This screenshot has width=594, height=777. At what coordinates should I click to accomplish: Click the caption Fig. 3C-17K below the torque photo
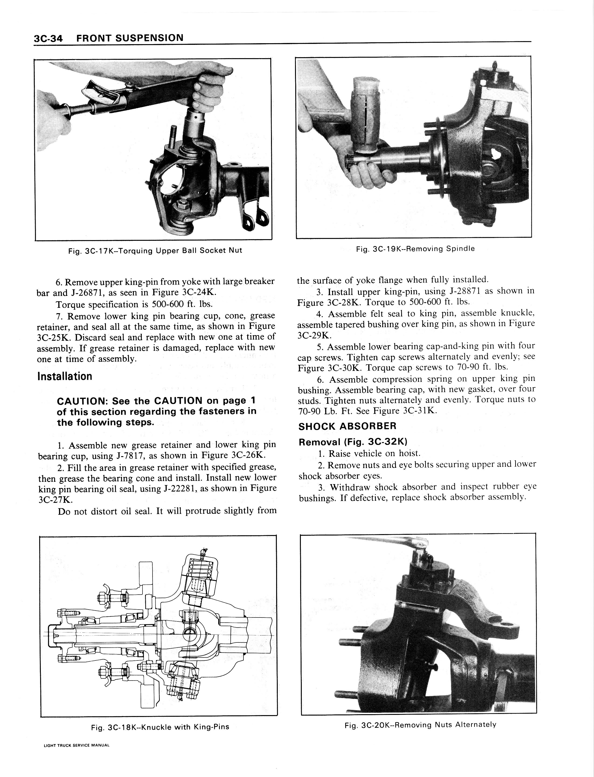pyautogui.click(x=155, y=251)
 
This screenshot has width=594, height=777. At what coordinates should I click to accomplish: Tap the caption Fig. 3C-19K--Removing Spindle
pyautogui.click(x=415, y=249)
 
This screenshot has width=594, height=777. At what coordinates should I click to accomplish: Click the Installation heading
pyautogui.click(x=65, y=376)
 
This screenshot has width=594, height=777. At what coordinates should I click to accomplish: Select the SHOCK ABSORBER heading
pyautogui.click(x=347, y=426)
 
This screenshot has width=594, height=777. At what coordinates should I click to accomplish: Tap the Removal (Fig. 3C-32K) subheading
pyautogui.click(x=353, y=442)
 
